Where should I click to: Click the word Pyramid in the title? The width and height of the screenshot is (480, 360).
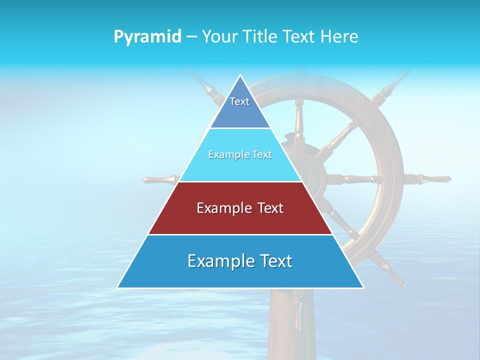(147, 36)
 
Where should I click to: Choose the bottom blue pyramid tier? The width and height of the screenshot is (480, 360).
(240, 275)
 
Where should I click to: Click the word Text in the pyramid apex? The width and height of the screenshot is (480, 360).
(239, 101)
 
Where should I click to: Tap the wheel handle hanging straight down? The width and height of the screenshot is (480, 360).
(298, 310)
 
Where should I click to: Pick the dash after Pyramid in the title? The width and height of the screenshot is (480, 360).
(191, 36)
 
